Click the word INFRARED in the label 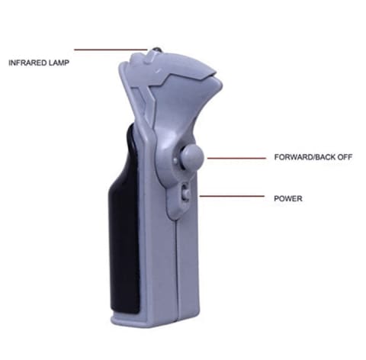pos(27,63)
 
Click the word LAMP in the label pos(59,63)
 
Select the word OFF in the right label pos(345,157)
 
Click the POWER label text pos(288,198)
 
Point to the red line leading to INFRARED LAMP pos(111,50)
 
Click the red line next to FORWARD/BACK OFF pos(236,158)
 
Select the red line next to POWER pos(232,196)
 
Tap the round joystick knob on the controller pos(192,156)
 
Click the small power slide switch pos(186,194)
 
